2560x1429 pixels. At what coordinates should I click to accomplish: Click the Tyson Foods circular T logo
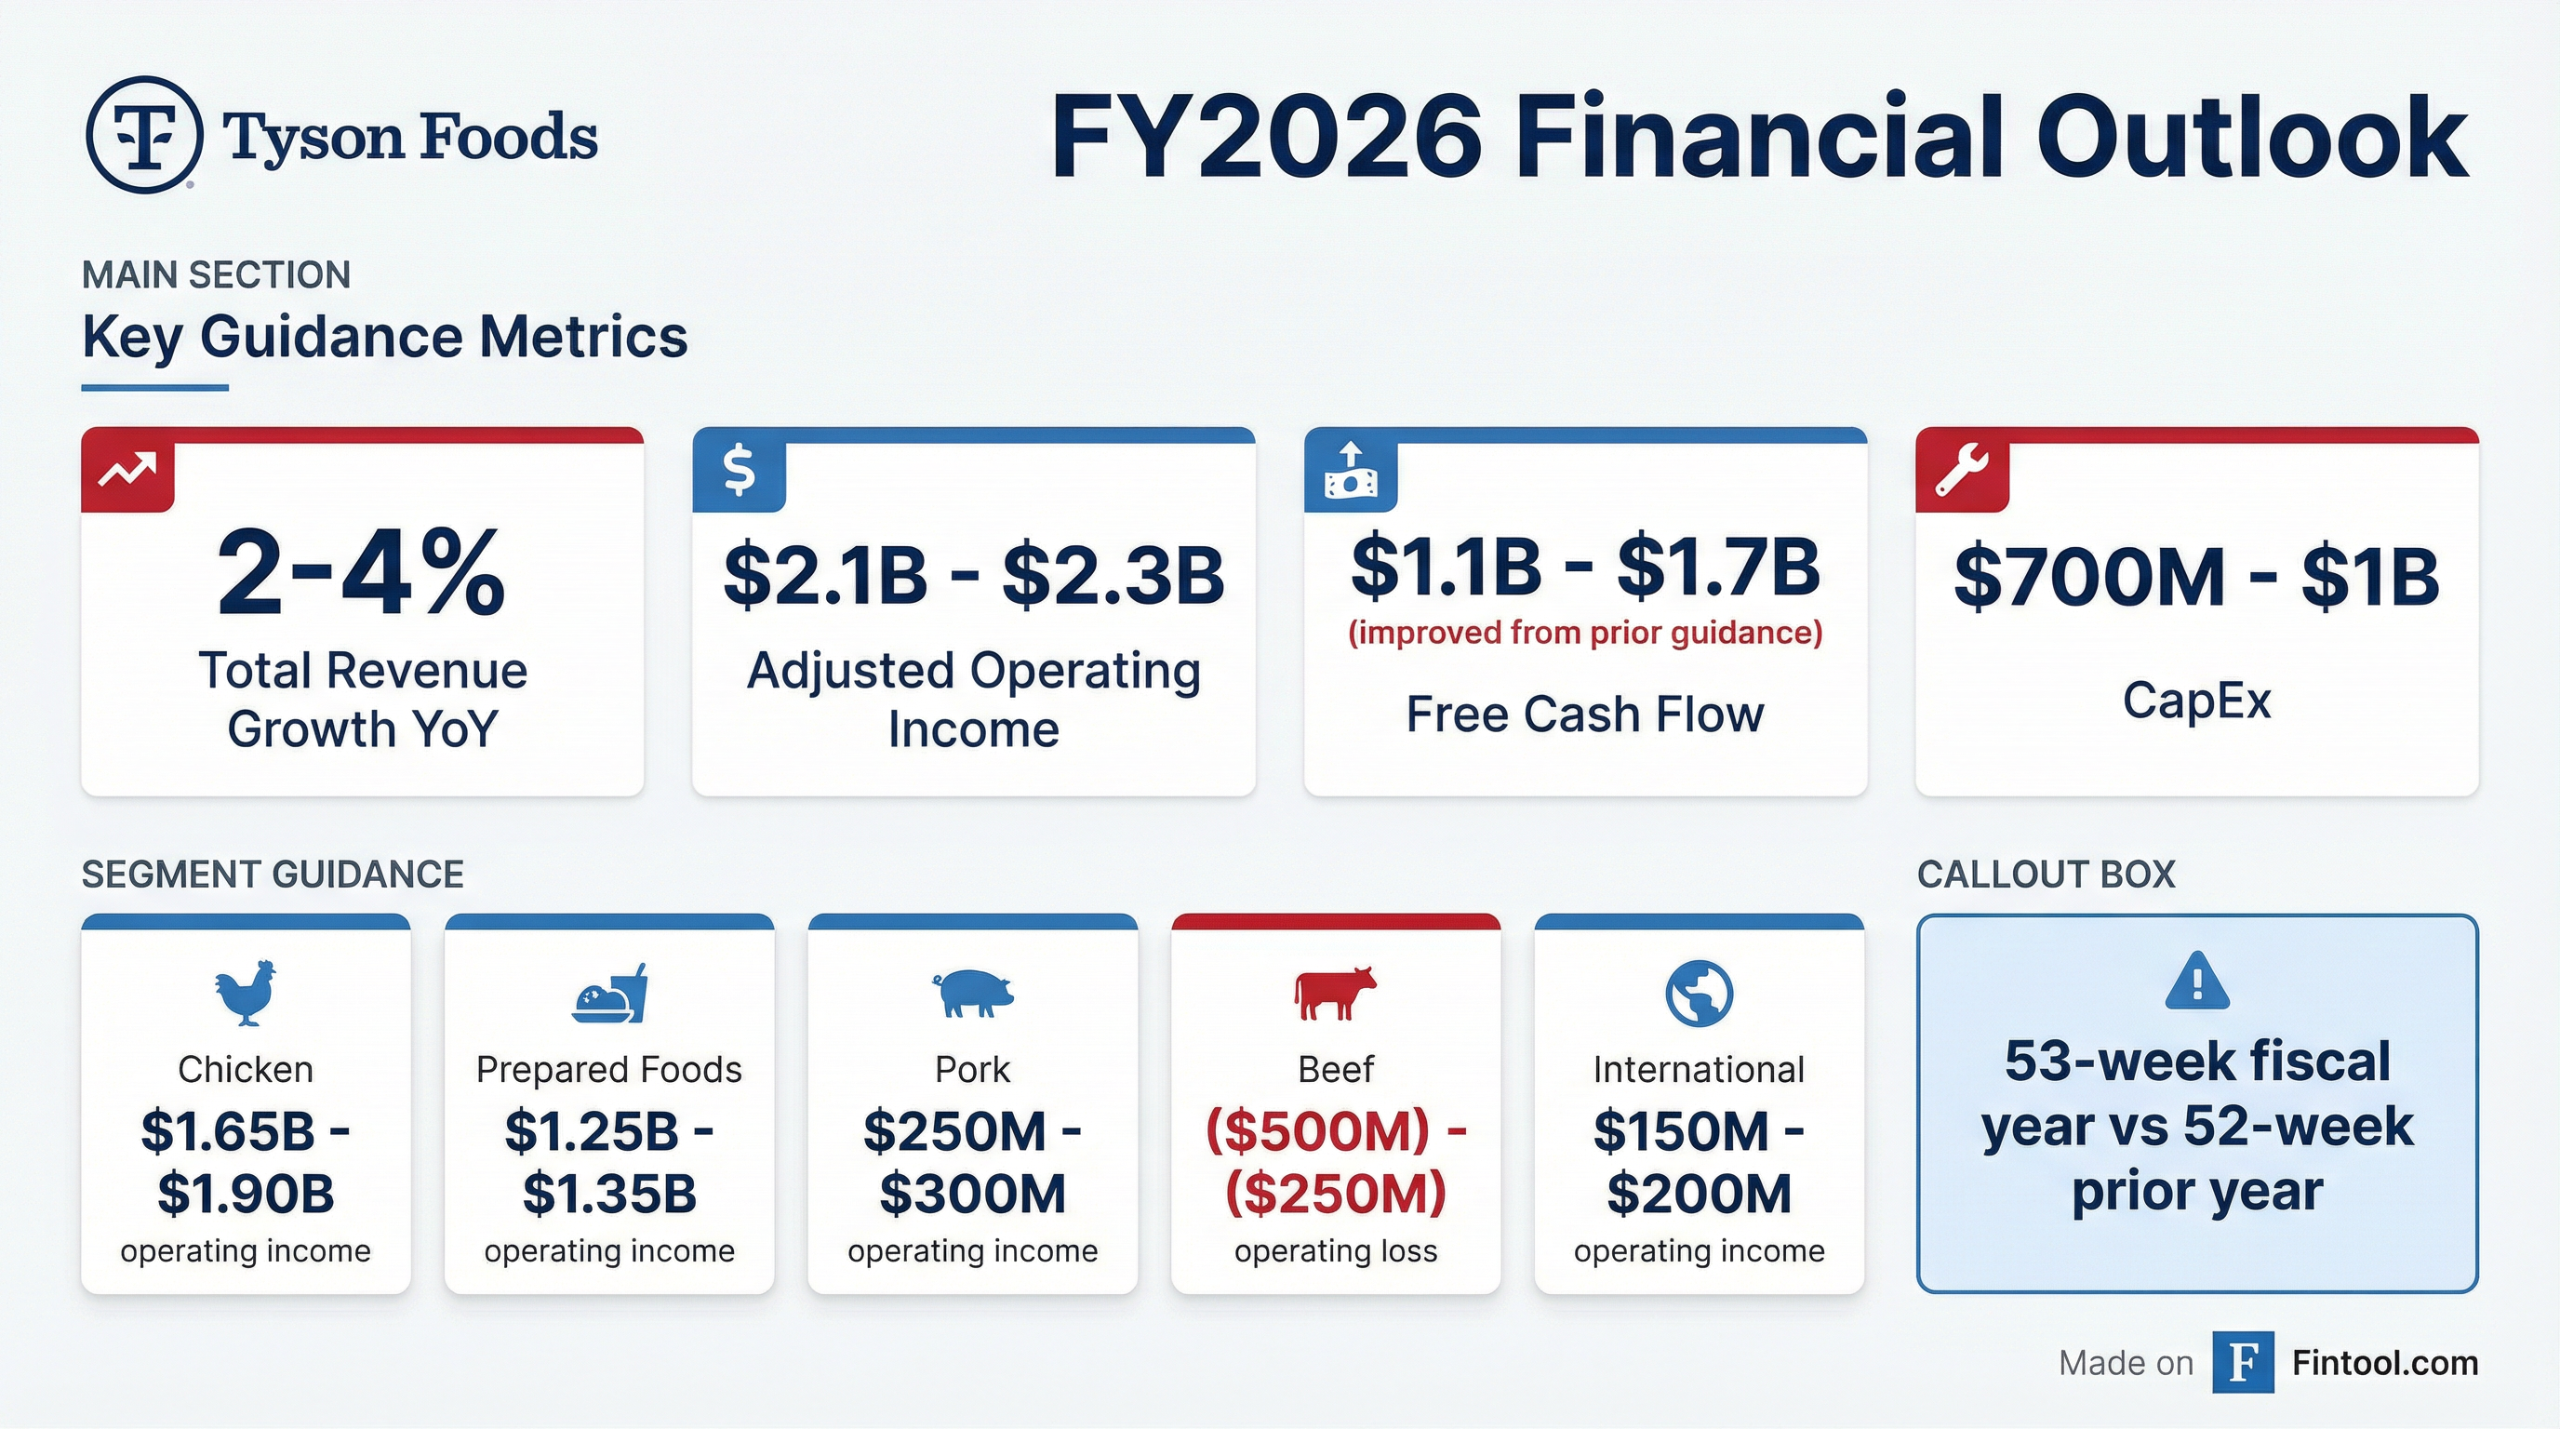point(145,134)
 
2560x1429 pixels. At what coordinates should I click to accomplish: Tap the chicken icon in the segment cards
point(246,992)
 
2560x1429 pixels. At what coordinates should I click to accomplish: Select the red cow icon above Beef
point(1336,993)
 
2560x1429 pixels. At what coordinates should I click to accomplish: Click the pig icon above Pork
point(972,993)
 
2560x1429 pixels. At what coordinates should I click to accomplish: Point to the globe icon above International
point(1700,993)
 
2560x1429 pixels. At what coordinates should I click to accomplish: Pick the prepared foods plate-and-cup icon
point(609,993)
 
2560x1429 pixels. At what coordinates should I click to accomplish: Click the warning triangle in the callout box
point(2197,981)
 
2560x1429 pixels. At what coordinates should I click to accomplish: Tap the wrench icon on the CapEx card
point(1962,470)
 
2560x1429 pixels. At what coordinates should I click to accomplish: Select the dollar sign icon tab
point(739,470)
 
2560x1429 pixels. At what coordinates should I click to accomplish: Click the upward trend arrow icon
point(127,468)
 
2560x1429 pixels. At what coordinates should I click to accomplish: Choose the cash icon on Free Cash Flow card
point(1351,470)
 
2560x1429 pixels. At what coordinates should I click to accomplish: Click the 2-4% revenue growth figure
point(362,573)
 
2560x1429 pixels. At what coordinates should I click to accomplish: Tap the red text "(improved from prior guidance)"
point(1585,632)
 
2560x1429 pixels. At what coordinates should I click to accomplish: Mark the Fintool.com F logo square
point(2243,1362)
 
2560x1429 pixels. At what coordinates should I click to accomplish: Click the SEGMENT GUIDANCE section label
point(273,875)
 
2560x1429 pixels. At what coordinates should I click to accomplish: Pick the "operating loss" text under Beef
point(1336,1250)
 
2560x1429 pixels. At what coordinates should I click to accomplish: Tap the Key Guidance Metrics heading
point(384,337)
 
